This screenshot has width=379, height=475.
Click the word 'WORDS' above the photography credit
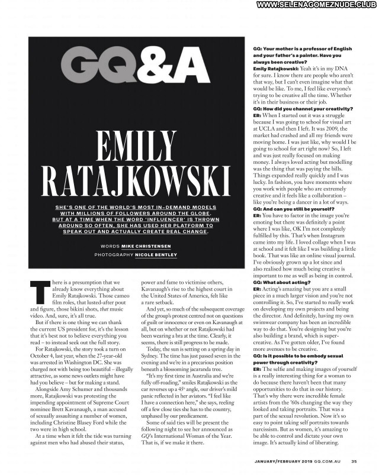[111, 245]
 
